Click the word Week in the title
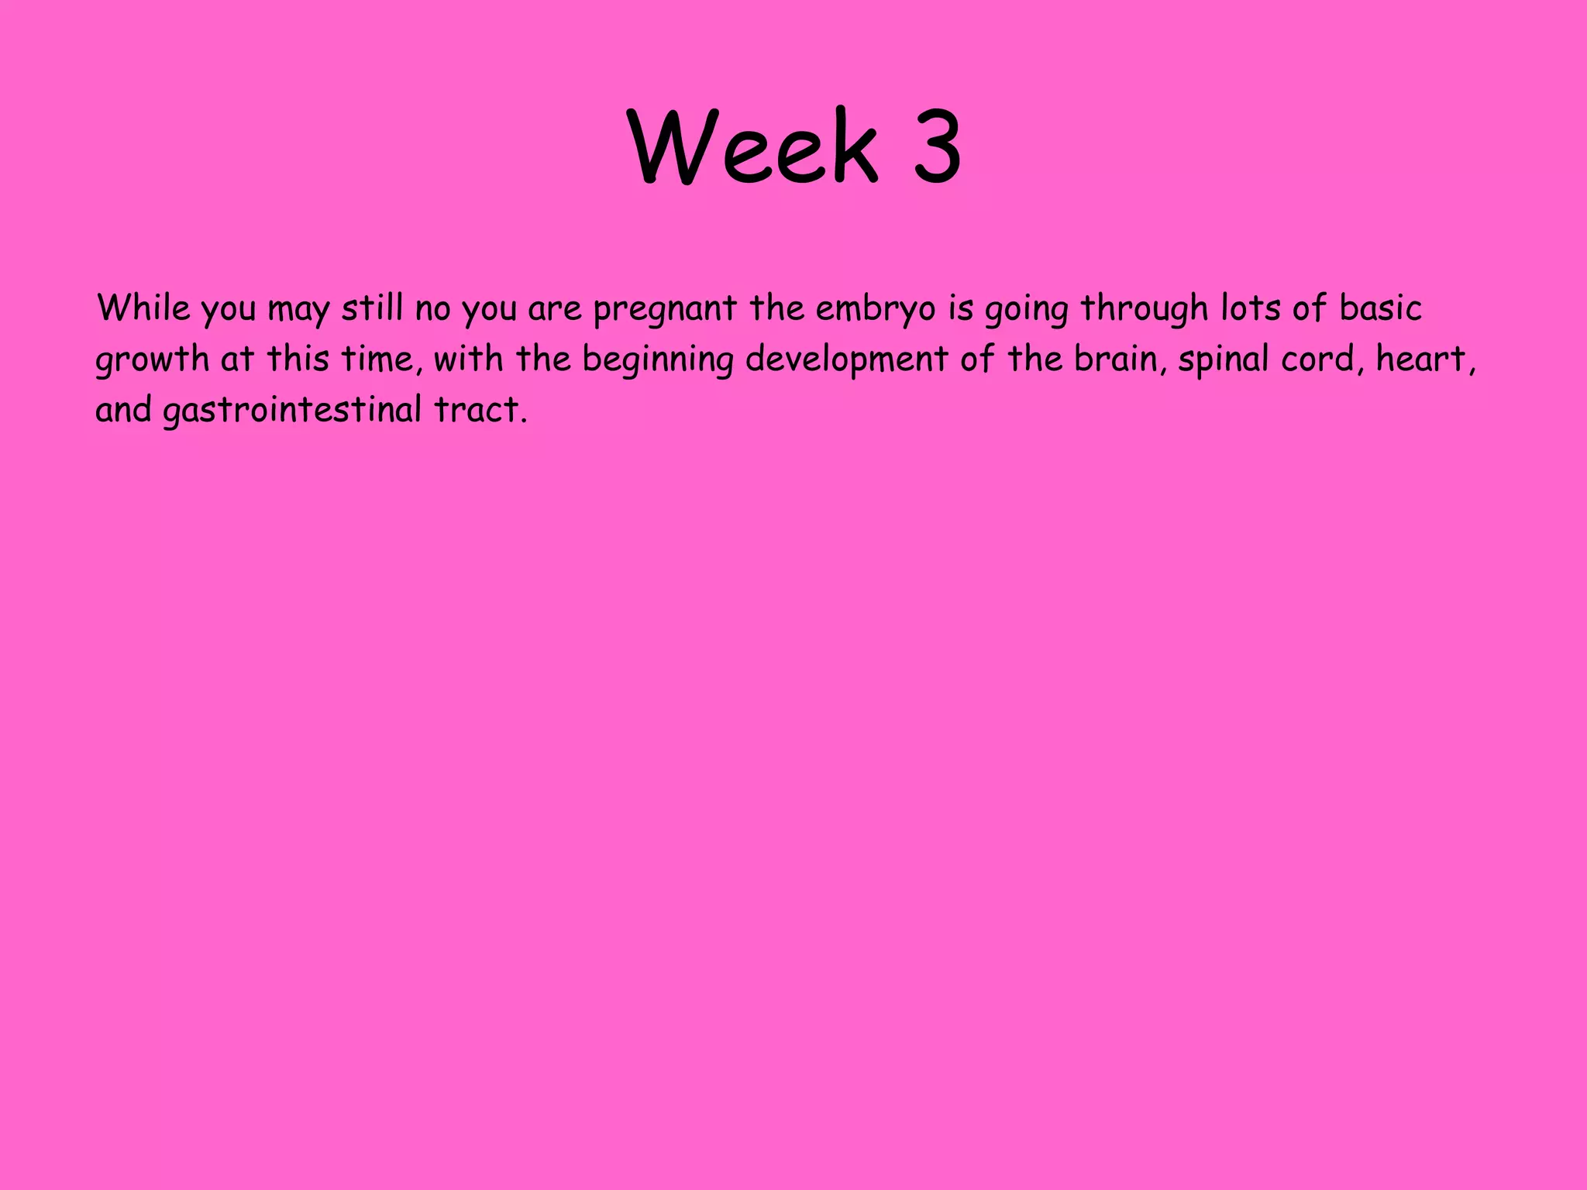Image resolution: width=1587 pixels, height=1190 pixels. tap(753, 146)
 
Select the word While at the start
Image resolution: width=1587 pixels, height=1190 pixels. tap(143, 308)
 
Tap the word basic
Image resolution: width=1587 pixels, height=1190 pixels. tap(1381, 308)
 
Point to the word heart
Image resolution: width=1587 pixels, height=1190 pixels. tap(1424, 359)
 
